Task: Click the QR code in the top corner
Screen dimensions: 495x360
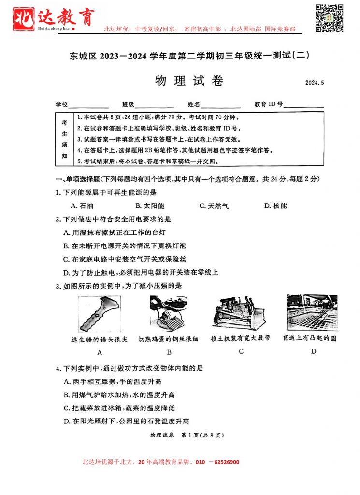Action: [x=330, y=18]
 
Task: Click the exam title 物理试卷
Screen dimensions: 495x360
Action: [x=189, y=81]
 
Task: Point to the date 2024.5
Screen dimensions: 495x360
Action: [x=314, y=83]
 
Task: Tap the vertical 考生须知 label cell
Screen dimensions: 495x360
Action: [x=64, y=139]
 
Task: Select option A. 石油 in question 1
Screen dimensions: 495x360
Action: [x=82, y=205]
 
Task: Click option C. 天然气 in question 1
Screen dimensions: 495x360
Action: [x=214, y=205]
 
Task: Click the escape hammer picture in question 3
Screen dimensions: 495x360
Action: [x=100, y=314]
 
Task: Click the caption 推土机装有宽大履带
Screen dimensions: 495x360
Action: [x=241, y=338]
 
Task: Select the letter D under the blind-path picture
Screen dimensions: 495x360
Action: [x=313, y=351]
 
